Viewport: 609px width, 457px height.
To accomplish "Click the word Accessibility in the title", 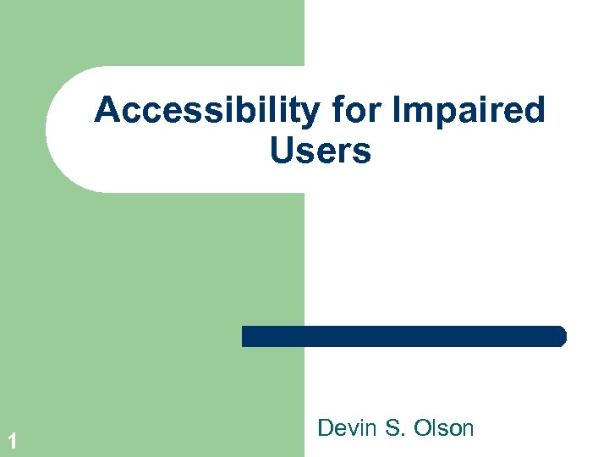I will pyautogui.click(x=206, y=110).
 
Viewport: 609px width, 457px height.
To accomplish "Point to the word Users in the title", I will pyautogui.click(x=321, y=151).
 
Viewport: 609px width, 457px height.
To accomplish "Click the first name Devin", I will pyautogui.click(x=347, y=428).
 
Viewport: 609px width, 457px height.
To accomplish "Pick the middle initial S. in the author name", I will pyautogui.click(x=394, y=428).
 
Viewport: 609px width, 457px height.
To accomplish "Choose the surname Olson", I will pyautogui.click(x=443, y=428).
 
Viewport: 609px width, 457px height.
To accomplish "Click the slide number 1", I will pyautogui.click(x=13, y=440).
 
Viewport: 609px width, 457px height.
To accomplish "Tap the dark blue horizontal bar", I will pyautogui.click(x=403, y=336).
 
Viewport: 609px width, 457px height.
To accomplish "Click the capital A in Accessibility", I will pyautogui.click(x=107, y=110).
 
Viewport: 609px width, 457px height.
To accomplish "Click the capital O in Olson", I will pyautogui.click(x=422, y=428).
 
